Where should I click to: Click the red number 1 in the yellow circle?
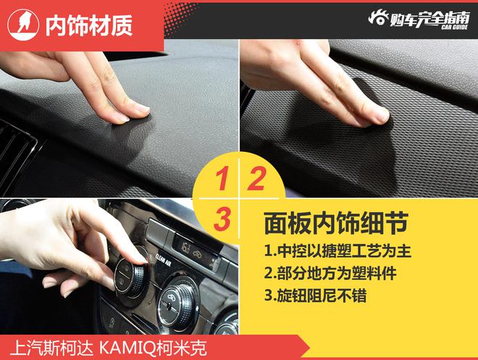222,178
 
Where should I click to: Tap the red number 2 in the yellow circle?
256,178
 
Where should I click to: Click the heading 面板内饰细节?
336,223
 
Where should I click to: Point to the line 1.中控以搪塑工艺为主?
337,251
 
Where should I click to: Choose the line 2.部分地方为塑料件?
330,273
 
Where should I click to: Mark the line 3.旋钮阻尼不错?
315,295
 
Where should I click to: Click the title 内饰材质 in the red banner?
89,25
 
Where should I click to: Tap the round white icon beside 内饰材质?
23,25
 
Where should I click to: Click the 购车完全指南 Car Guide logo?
419,20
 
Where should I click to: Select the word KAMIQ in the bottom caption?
127,348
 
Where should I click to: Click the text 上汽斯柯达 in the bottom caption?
51,348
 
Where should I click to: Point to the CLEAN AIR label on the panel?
163,260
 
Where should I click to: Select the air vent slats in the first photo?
15,156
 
